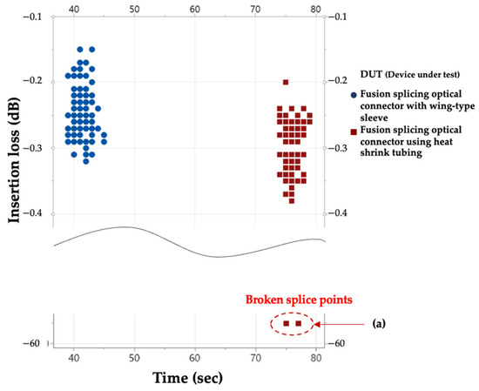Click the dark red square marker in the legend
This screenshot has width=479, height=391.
(352, 131)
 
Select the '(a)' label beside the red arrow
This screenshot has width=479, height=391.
(379, 323)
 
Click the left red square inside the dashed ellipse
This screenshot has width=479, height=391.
(286, 323)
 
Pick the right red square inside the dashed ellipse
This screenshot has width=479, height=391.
(298, 323)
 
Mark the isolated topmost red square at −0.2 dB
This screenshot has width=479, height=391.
(286, 82)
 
